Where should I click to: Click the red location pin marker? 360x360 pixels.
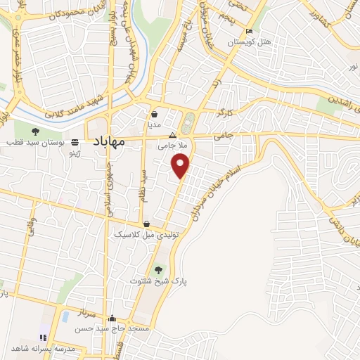tap(181, 166)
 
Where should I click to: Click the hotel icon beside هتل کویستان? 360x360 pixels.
tap(249, 32)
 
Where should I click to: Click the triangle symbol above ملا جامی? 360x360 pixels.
tap(173, 136)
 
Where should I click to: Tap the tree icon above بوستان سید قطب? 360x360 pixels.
tap(36, 131)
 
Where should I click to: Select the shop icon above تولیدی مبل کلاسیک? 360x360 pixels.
tap(146, 224)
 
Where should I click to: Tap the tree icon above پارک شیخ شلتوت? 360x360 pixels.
tap(157, 269)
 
